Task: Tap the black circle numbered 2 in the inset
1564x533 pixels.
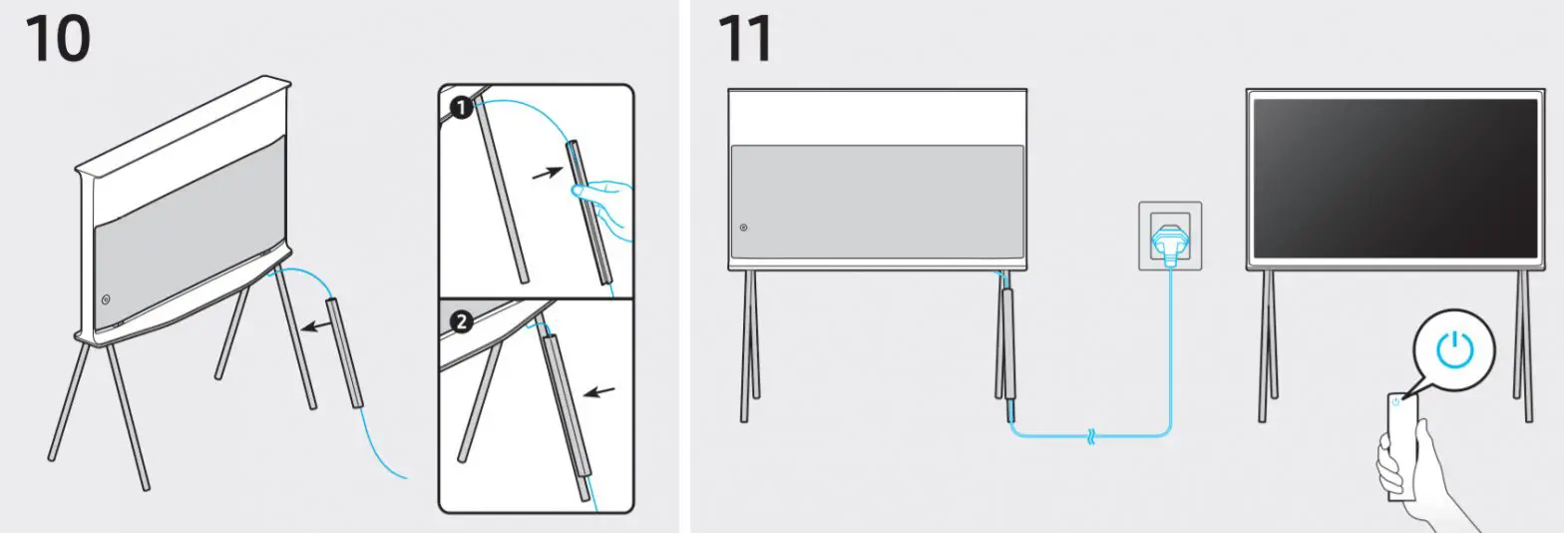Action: tap(461, 322)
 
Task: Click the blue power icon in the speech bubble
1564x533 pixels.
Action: tap(1453, 348)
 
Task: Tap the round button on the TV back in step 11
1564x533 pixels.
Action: tap(744, 228)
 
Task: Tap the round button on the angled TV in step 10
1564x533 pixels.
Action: tap(105, 298)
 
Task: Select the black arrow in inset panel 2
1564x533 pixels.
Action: tap(598, 390)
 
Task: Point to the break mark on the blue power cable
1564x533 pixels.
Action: tap(1090, 436)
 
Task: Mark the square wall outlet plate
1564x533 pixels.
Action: tap(1170, 236)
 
